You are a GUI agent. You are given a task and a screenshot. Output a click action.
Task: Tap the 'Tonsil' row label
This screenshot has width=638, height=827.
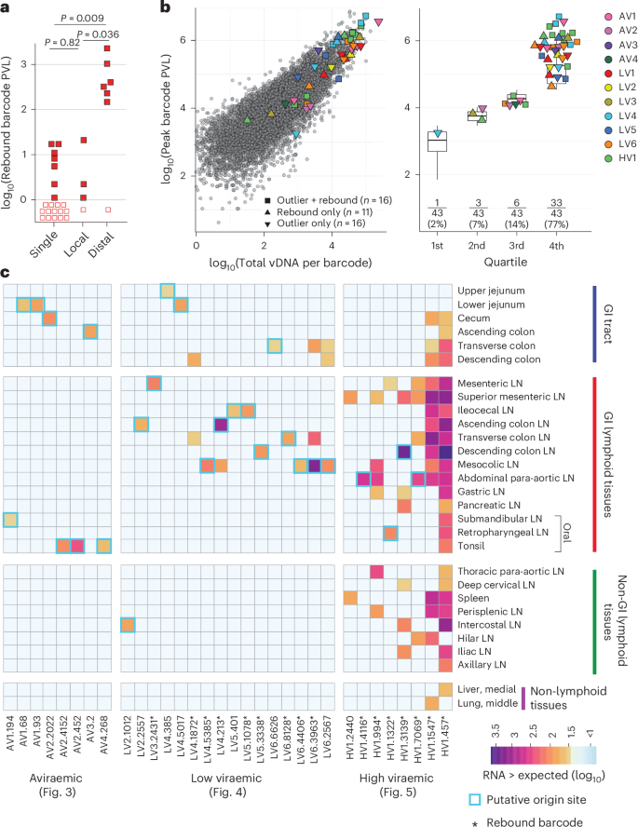coord(474,545)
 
